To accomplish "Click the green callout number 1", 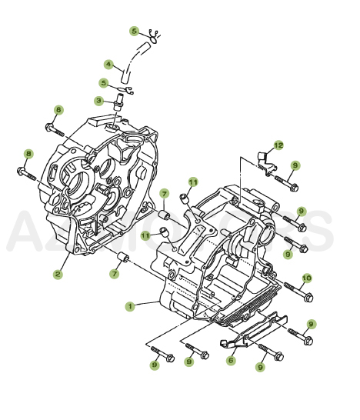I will pyautogui.click(x=129, y=305).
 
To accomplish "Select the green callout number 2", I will pyautogui.click(x=57, y=273).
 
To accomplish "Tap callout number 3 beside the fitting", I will pyautogui.click(x=99, y=101).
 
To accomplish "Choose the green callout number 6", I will pyautogui.click(x=231, y=360).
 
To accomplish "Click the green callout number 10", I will pyautogui.click(x=306, y=278).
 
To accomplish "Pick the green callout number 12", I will pyautogui.click(x=278, y=145).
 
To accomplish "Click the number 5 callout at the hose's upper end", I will pyautogui.click(x=134, y=31).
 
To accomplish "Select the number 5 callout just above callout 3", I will pyautogui.click(x=103, y=82).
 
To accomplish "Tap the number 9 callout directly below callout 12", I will pyautogui.click(x=295, y=165).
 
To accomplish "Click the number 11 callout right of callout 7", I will pyautogui.click(x=192, y=182).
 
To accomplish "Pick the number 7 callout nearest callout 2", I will pyautogui.click(x=115, y=272).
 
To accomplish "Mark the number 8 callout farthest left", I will pyautogui.click(x=28, y=154).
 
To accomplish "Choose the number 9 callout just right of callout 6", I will pyautogui.click(x=261, y=368).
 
